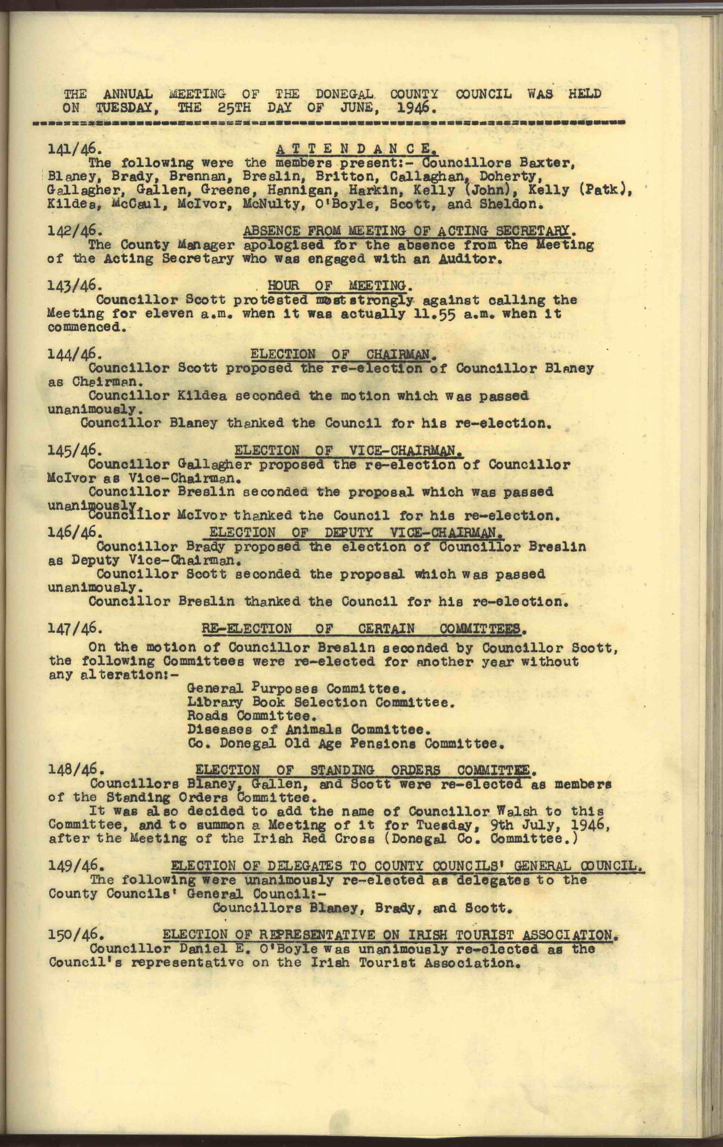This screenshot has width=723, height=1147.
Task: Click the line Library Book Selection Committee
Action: (319, 702)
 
